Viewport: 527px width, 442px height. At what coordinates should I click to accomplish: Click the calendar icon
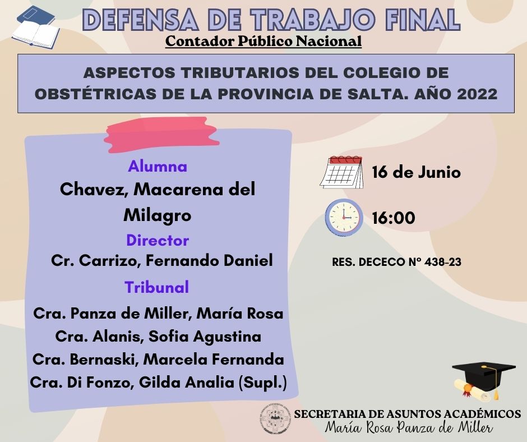pos(341,172)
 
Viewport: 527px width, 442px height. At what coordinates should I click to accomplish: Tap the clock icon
pos(344,217)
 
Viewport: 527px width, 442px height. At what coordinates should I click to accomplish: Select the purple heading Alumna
pos(158,166)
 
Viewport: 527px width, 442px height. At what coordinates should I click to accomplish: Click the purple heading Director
pos(158,240)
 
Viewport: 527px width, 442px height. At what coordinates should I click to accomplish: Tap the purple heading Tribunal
pos(157,287)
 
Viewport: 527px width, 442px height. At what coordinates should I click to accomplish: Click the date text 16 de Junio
pos(416,172)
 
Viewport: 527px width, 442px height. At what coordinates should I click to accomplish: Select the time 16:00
pos(393,218)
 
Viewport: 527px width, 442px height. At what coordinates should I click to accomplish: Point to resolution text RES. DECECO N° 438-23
pos(396,262)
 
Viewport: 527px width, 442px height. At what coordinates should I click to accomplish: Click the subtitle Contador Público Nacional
pos(263,41)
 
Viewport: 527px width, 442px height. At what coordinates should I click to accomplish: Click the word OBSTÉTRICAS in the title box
pos(95,94)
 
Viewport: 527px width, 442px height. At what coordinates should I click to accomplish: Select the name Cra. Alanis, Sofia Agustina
pos(158,337)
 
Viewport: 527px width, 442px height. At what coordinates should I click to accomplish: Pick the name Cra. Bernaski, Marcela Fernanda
pos(158,359)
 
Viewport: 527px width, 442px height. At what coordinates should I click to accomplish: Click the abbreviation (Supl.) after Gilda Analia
pos(262,383)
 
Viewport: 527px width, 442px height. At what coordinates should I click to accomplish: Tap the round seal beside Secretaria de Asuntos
pos(275,418)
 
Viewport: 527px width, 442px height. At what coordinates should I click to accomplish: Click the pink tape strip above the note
pos(162,134)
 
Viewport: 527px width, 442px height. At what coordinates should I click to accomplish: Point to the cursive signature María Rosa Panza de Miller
pos(409,427)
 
